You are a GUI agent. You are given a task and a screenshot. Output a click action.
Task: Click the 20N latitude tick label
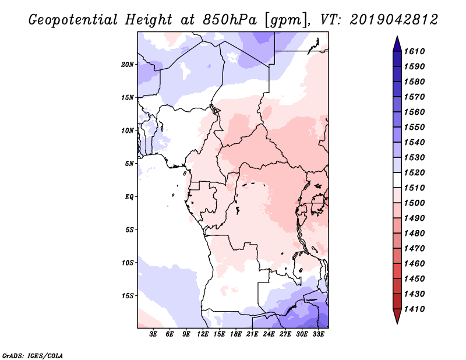pos(128,65)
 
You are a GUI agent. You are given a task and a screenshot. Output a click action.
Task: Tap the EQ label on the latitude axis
pos(129,197)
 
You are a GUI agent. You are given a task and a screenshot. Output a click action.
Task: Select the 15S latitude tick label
pos(128,296)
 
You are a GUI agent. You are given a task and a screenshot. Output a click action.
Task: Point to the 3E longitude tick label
pos(153,334)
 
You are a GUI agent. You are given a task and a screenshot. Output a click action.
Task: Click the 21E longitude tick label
pos(252,334)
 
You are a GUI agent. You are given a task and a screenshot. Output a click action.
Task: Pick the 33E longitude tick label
pos(318,334)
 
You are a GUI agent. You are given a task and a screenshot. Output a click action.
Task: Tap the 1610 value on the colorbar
pos(415,51)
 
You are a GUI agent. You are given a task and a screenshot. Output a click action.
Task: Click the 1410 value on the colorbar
pos(415,309)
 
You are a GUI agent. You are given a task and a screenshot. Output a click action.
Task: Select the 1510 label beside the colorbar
pos(415,188)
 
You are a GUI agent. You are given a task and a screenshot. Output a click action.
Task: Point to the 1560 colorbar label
pos(415,112)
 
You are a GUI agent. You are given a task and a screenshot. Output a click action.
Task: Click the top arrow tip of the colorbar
pos(397,36)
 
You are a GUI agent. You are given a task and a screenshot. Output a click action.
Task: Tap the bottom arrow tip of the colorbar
pos(397,324)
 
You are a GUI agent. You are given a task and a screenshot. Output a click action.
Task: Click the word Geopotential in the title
pos(73,20)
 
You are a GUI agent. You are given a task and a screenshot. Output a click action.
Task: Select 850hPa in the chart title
pos(230,20)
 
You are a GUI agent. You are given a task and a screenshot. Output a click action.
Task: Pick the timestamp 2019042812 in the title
pos(394,20)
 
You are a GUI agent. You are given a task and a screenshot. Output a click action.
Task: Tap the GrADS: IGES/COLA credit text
pos(33,355)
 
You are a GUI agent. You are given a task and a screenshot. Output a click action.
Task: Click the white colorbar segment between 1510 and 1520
pos(397,180)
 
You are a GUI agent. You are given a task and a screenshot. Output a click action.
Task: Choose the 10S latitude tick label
pos(128,263)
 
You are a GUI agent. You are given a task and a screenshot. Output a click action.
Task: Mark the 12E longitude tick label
pos(202,334)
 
